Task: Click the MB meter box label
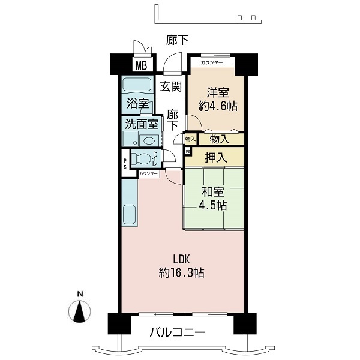click(142, 65)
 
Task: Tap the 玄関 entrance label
click(170, 86)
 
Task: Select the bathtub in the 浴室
click(137, 85)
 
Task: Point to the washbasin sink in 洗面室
click(149, 140)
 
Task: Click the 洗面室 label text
click(142, 124)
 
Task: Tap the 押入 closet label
click(216, 157)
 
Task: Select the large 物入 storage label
click(220, 139)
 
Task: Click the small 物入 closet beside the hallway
click(190, 139)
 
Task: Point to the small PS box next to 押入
click(188, 152)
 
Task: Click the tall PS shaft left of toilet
click(125, 163)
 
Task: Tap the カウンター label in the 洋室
click(212, 62)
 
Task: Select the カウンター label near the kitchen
click(148, 174)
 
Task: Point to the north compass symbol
click(80, 311)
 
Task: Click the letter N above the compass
click(80, 294)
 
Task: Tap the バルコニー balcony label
click(177, 332)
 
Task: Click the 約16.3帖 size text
click(181, 273)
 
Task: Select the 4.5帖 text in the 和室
click(213, 205)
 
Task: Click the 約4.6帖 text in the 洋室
click(218, 106)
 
